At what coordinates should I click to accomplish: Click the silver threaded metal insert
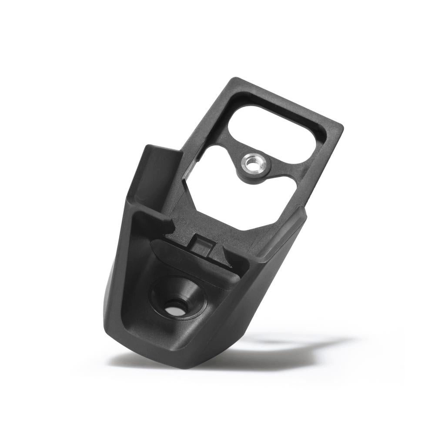click(x=252, y=164)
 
